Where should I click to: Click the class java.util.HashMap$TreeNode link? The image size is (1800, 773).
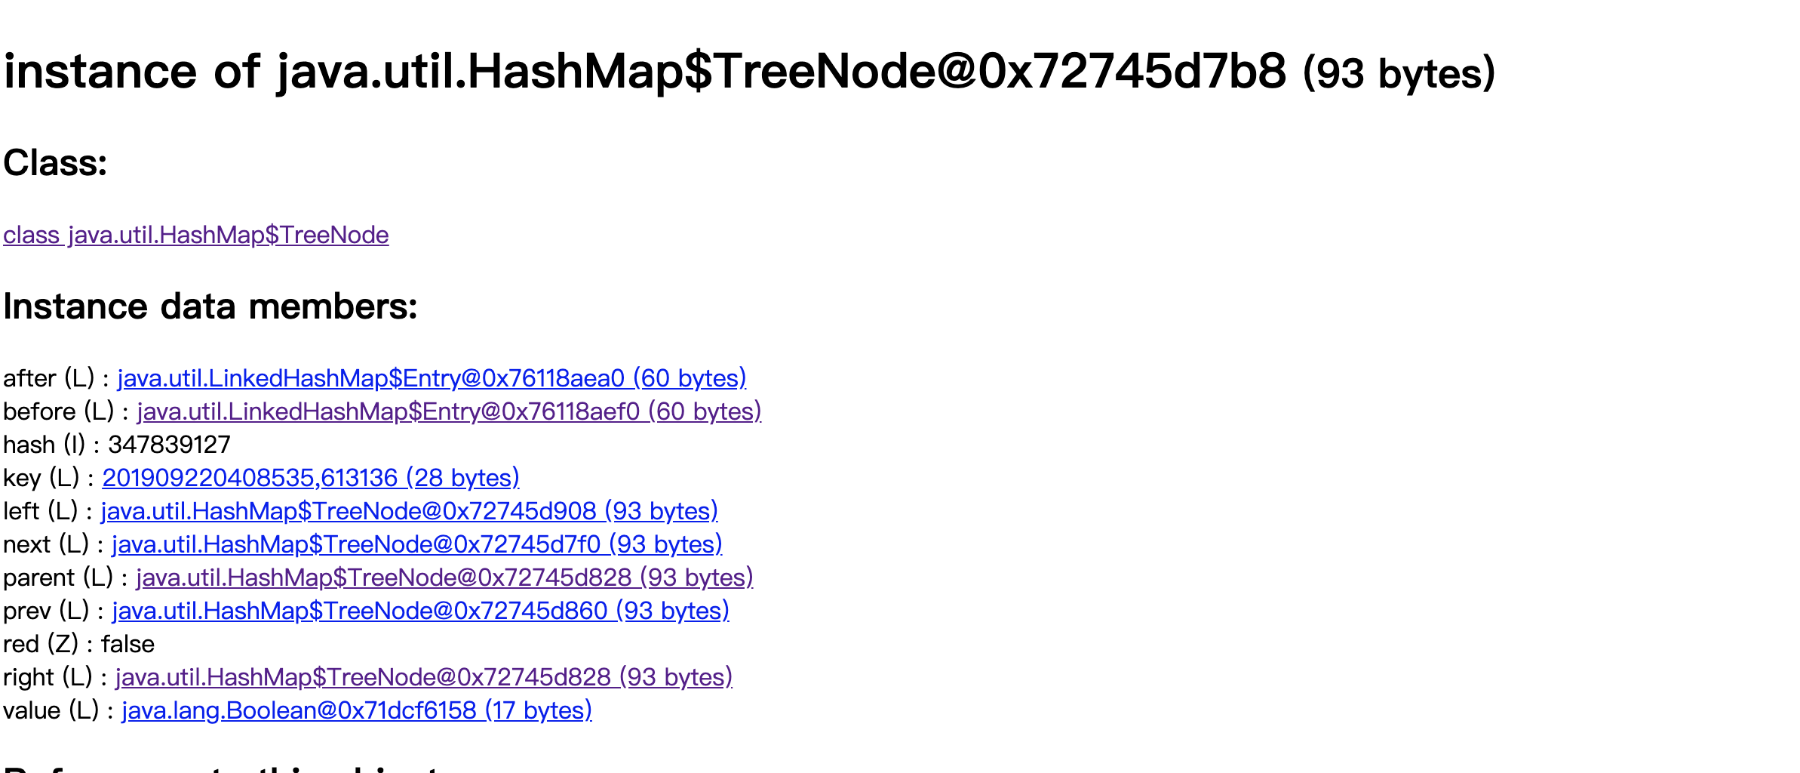click(x=196, y=235)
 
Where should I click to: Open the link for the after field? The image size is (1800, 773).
click(x=432, y=378)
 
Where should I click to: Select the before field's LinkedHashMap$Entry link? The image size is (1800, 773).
click(x=449, y=411)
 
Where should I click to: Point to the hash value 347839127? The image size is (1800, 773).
click(x=169, y=445)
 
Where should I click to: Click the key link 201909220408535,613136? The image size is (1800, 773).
click(x=311, y=478)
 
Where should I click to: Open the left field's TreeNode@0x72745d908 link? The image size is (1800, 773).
click(x=409, y=511)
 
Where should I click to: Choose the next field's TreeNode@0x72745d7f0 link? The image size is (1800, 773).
click(x=416, y=544)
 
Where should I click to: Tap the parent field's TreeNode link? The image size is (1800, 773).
click(x=444, y=577)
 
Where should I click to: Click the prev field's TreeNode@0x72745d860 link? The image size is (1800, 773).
click(x=420, y=611)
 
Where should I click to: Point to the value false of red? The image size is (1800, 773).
click(x=127, y=644)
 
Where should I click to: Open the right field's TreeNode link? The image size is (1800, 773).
click(x=423, y=677)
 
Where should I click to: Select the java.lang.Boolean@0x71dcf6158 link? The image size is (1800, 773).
click(x=356, y=710)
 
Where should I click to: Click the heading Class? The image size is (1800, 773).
click(x=55, y=162)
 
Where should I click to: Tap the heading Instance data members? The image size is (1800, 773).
click(x=210, y=306)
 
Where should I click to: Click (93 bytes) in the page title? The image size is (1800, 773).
click(x=1399, y=73)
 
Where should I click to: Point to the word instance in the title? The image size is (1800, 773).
click(x=100, y=72)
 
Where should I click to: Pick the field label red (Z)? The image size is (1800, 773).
click(x=41, y=644)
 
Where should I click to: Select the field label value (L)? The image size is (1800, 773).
click(x=51, y=710)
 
